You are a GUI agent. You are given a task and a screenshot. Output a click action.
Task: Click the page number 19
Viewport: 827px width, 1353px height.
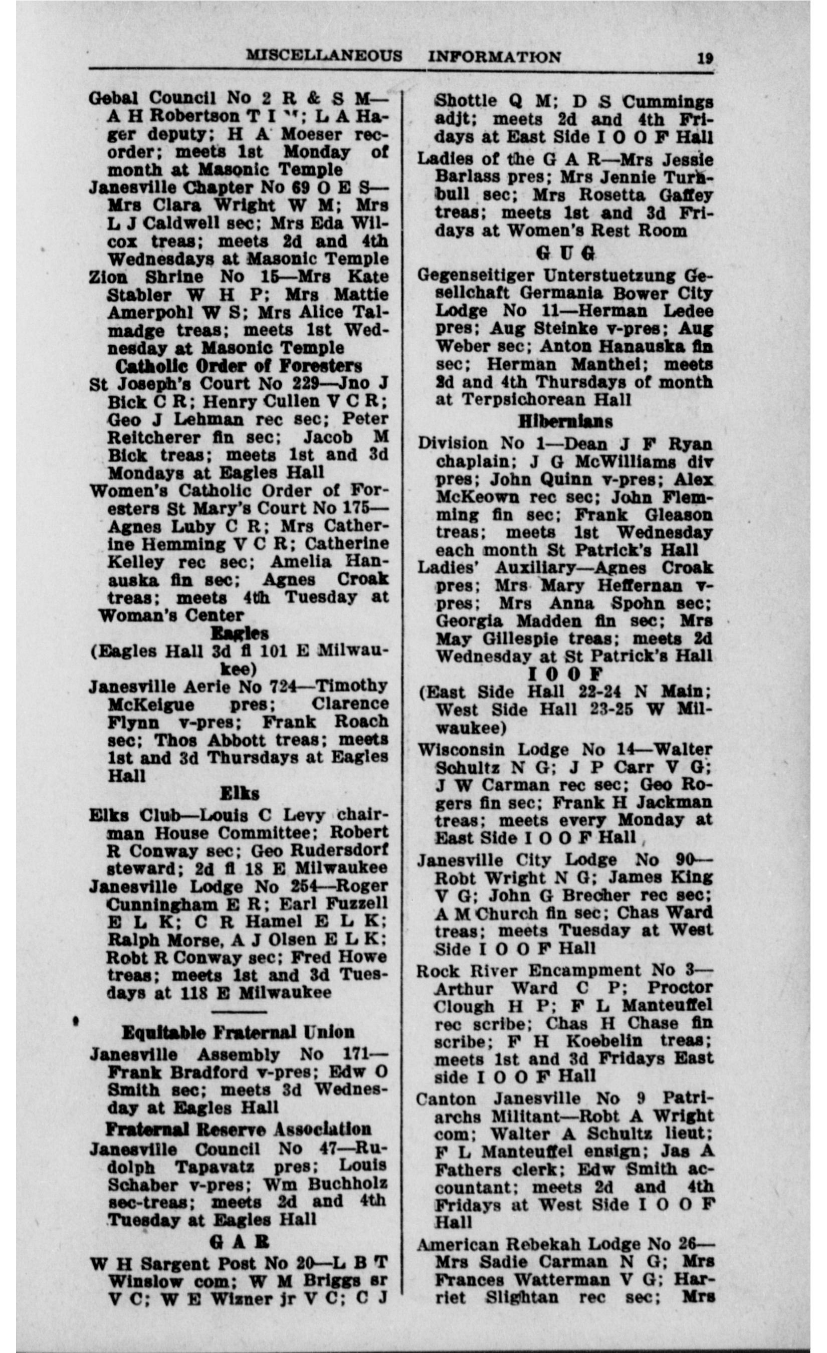click(705, 58)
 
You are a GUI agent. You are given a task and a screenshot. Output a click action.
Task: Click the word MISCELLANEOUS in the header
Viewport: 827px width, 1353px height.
click(324, 56)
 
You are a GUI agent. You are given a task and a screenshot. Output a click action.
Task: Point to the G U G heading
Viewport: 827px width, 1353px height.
click(565, 253)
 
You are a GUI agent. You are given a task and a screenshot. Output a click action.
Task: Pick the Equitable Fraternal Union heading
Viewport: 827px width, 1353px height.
click(238, 1032)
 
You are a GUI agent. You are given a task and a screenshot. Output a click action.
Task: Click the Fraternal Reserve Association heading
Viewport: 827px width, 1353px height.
click(238, 1129)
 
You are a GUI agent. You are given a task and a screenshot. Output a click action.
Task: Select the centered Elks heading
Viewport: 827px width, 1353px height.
click(240, 793)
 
